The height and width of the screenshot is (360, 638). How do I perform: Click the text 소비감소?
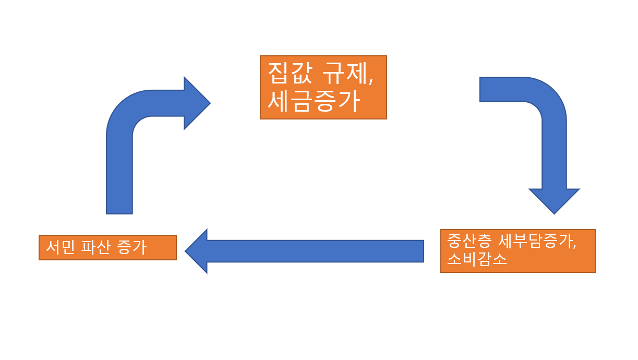pyautogui.click(x=477, y=259)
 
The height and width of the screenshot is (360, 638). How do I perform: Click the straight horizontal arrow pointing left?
pyautogui.click(x=313, y=251)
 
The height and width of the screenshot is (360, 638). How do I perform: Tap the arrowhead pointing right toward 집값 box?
pyautogui.click(x=196, y=103)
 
